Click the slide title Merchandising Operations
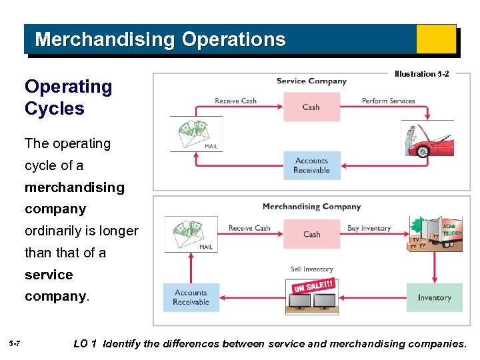(x=160, y=39)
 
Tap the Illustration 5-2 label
(x=421, y=74)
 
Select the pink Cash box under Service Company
(x=311, y=107)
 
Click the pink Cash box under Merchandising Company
(x=311, y=234)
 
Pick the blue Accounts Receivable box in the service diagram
(x=311, y=165)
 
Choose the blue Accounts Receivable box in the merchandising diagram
(x=191, y=297)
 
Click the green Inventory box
(x=434, y=297)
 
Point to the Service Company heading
(x=311, y=81)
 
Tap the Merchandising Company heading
(x=311, y=207)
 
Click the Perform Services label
(x=388, y=101)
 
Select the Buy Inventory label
(x=369, y=228)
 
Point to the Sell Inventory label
(x=311, y=269)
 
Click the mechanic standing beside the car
(x=410, y=140)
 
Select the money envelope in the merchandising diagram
(x=191, y=233)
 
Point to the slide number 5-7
(x=15, y=343)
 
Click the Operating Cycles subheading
(x=68, y=97)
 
